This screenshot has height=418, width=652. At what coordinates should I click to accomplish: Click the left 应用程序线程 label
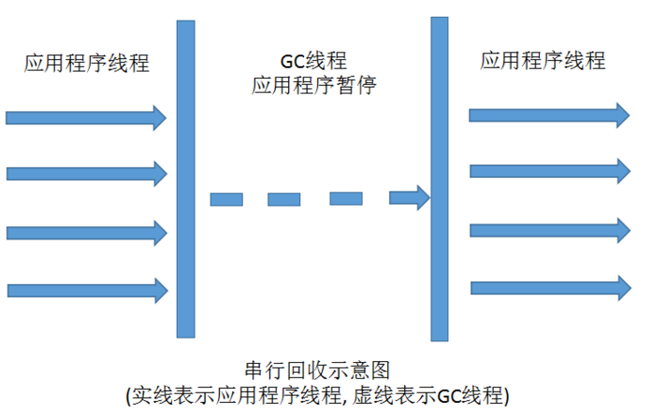pos(87,64)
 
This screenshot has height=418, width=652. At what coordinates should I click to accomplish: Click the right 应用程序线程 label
pos(543,61)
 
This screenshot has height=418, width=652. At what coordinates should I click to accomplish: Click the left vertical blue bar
pos(185,179)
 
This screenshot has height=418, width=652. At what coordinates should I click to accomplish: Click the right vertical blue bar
pos(440,179)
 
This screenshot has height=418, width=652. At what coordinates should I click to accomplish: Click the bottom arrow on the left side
pos(86,290)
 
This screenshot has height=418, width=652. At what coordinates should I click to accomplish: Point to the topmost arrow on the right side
pos(548,114)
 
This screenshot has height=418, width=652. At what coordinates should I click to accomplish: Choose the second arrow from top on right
pos(548,171)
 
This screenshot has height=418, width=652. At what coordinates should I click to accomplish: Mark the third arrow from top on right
pos(548,229)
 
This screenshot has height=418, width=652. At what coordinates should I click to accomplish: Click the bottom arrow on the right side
pos(548,286)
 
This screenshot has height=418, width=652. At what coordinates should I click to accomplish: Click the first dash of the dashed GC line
pos(226,199)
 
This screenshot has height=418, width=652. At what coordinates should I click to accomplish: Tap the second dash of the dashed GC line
pos(284,199)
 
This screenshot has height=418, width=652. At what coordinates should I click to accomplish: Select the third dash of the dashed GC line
pos(345,198)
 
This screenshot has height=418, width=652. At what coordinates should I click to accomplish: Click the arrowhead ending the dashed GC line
pos(409,197)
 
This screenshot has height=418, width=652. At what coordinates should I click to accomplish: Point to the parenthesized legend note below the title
pos(317,396)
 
